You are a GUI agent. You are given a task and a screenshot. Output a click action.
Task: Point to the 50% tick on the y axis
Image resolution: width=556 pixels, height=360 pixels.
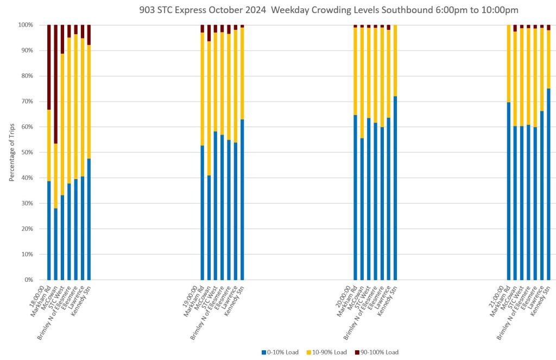26,153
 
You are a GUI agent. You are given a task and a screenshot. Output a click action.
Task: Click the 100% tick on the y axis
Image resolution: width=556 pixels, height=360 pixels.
24,25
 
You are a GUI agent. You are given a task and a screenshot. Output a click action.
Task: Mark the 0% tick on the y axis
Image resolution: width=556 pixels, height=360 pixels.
27,280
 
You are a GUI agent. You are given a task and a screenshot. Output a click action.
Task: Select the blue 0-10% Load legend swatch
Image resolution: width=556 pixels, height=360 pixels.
263,352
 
